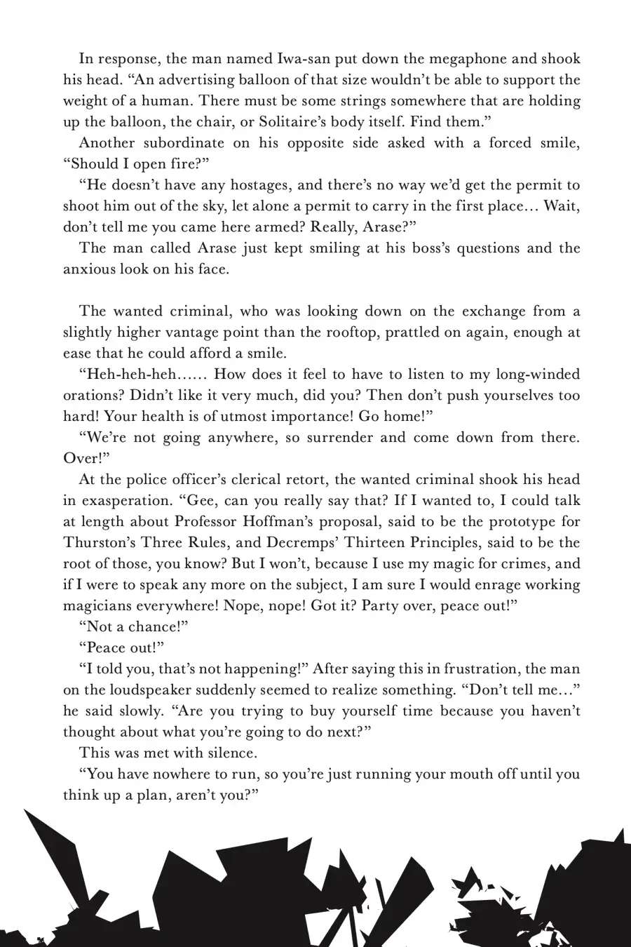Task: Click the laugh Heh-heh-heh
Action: click(130, 375)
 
